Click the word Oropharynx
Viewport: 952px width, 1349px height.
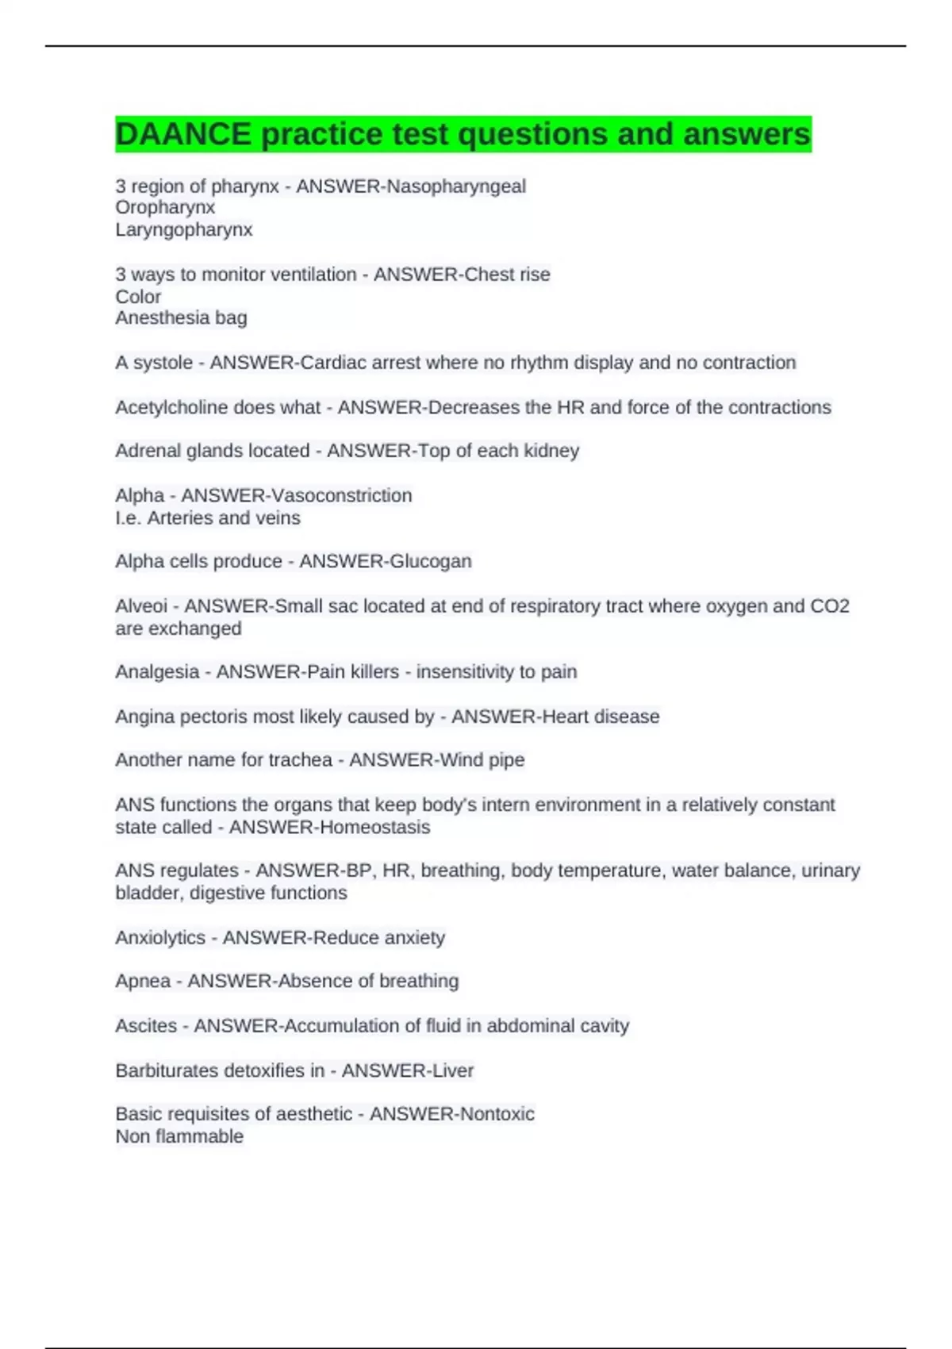point(165,208)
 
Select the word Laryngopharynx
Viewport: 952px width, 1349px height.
point(184,230)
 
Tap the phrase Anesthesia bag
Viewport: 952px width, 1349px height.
point(181,318)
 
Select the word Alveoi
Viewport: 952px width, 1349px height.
point(141,606)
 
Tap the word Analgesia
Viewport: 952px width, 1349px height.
point(157,672)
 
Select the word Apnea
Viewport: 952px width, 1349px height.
point(143,982)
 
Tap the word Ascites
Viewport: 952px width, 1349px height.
point(146,1026)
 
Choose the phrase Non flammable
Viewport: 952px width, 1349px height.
point(179,1137)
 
